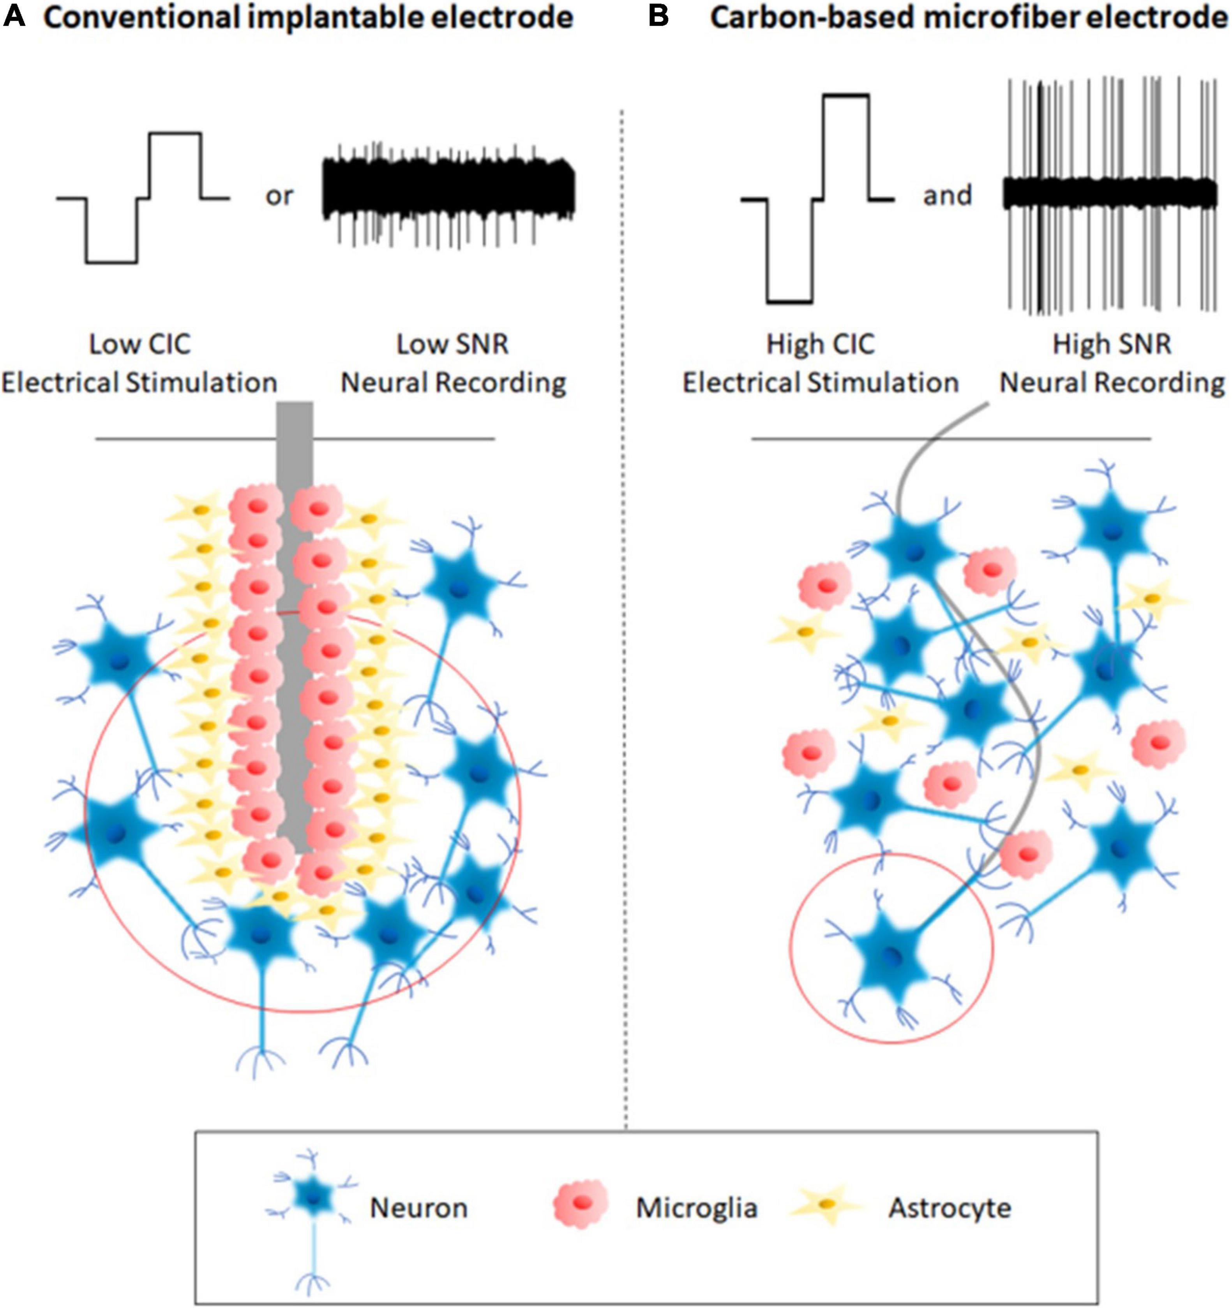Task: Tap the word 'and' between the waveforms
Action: [947, 195]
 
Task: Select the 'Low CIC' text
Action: [139, 344]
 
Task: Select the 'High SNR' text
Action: [1112, 344]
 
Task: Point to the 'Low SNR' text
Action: [453, 344]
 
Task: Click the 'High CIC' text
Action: [820, 344]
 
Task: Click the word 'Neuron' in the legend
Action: [418, 1208]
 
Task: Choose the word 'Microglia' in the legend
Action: [696, 1208]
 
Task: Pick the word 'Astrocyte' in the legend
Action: [950, 1208]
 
